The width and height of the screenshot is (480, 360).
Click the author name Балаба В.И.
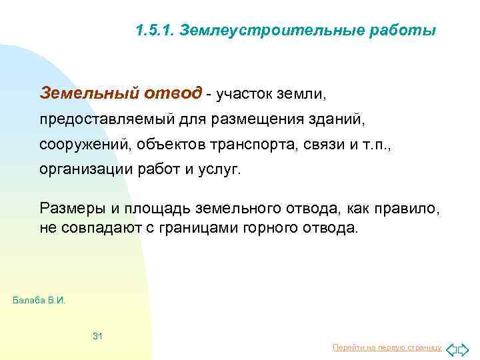pyautogui.click(x=39, y=300)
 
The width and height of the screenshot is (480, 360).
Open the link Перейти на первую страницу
pyautogui.click(x=387, y=347)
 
